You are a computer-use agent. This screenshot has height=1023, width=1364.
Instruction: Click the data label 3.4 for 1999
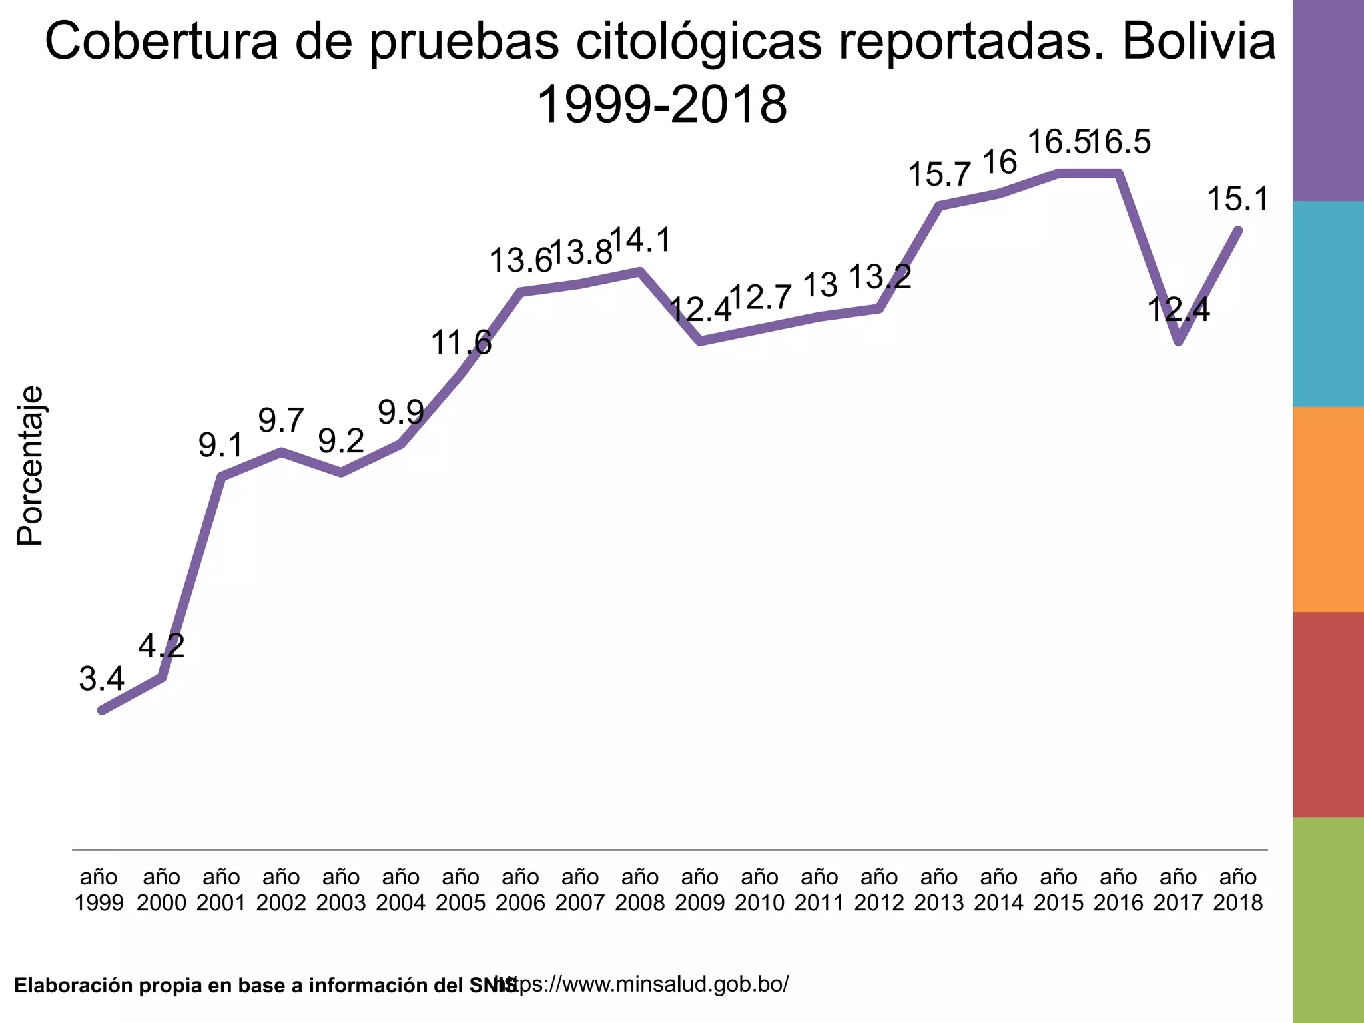point(102,679)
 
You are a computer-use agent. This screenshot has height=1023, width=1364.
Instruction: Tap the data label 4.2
point(161,645)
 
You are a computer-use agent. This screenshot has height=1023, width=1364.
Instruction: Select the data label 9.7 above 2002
point(281,420)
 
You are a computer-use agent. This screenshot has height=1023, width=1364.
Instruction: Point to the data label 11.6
point(461,343)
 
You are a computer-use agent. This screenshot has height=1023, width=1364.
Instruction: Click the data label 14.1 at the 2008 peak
point(641,240)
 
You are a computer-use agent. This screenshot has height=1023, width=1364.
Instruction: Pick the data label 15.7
point(940,175)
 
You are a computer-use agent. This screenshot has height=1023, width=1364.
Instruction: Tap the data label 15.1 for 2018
point(1239,199)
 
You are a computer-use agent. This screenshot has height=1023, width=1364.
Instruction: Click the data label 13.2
point(880,276)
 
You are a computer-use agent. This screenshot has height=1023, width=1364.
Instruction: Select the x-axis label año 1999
point(99,890)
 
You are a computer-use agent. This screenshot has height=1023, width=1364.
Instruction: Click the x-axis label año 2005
point(461,890)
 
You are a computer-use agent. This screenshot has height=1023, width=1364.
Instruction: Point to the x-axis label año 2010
point(760,890)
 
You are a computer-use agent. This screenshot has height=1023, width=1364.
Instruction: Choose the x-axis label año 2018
point(1238,890)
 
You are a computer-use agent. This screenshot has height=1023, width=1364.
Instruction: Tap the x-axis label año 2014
point(999,890)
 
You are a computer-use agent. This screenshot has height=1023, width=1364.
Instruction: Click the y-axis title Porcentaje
point(30,466)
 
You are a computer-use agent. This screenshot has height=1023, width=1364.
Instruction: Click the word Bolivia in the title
point(1199,41)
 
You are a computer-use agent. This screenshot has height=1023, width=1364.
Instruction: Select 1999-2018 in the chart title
point(661,105)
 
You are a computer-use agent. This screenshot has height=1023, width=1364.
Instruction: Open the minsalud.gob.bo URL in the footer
point(649,983)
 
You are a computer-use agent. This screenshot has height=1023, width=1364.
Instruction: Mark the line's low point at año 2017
point(1179,342)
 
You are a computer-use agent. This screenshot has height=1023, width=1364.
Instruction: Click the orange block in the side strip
point(1328,510)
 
